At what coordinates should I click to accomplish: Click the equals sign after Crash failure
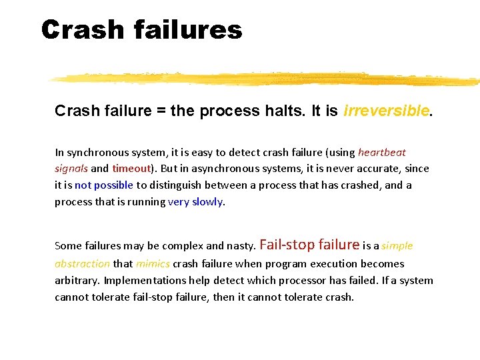[x=161, y=111]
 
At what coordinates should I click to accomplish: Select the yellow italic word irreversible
[x=386, y=111]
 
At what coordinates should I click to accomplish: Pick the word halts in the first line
[x=281, y=111]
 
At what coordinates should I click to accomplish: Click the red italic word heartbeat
[x=382, y=153]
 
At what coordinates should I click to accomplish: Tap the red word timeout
[x=131, y=169]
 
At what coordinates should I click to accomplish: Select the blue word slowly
[x=207, y=202]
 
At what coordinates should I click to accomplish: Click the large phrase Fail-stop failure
[x=309, y=245]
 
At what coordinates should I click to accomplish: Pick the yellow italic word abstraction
[x=82, y=264]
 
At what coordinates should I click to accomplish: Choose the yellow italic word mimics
[x=153, y=264]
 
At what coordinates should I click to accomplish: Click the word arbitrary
[x=76, y=281]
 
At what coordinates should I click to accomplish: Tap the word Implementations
[x=140, y=281]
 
